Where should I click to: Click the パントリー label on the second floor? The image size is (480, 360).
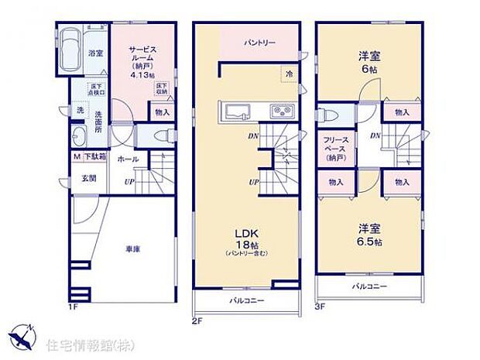pos(259,43)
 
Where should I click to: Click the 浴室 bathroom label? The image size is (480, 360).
pos(95,53)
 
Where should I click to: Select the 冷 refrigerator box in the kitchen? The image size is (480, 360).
pos(287,74)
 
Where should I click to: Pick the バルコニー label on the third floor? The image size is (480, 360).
pos(369,286)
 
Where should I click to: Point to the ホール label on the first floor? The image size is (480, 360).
pos(128,159)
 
